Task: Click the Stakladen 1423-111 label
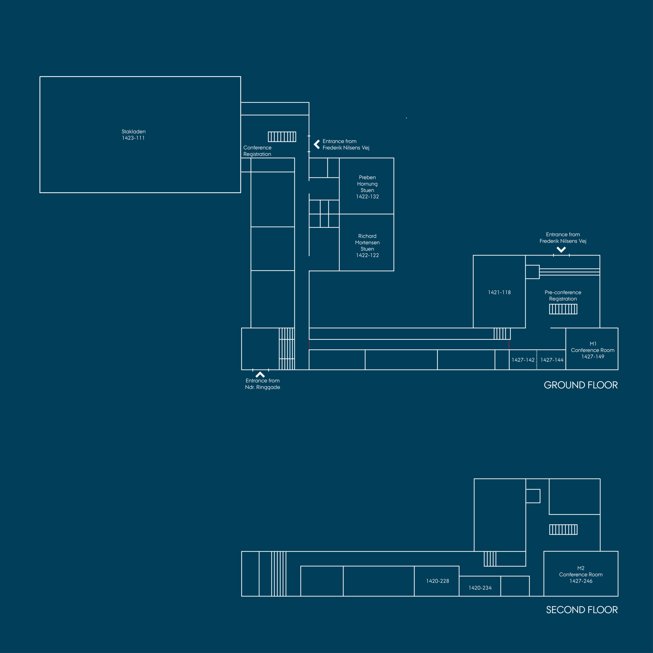[x=133, y=134]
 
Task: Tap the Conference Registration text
[x=257, y=151]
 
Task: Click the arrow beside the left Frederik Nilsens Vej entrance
[x=317, y=144]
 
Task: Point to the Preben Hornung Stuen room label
[x=367, y=187]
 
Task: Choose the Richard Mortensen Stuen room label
[x=367, y=246]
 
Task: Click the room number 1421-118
[x=499, y=292]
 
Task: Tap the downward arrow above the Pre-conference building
[x=561, y=250]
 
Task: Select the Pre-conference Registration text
[x=563, y=295]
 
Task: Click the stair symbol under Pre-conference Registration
[x=563, y=309]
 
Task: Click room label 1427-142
[x=523, y=360]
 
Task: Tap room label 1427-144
[x=552, y=360]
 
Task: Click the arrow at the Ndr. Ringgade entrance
[x=260, y=374]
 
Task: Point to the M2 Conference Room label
[x=581, y=575]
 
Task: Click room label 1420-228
[x=437, y=581]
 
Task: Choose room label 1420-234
[x=480, y=588]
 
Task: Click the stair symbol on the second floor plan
[x=563, y=530]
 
